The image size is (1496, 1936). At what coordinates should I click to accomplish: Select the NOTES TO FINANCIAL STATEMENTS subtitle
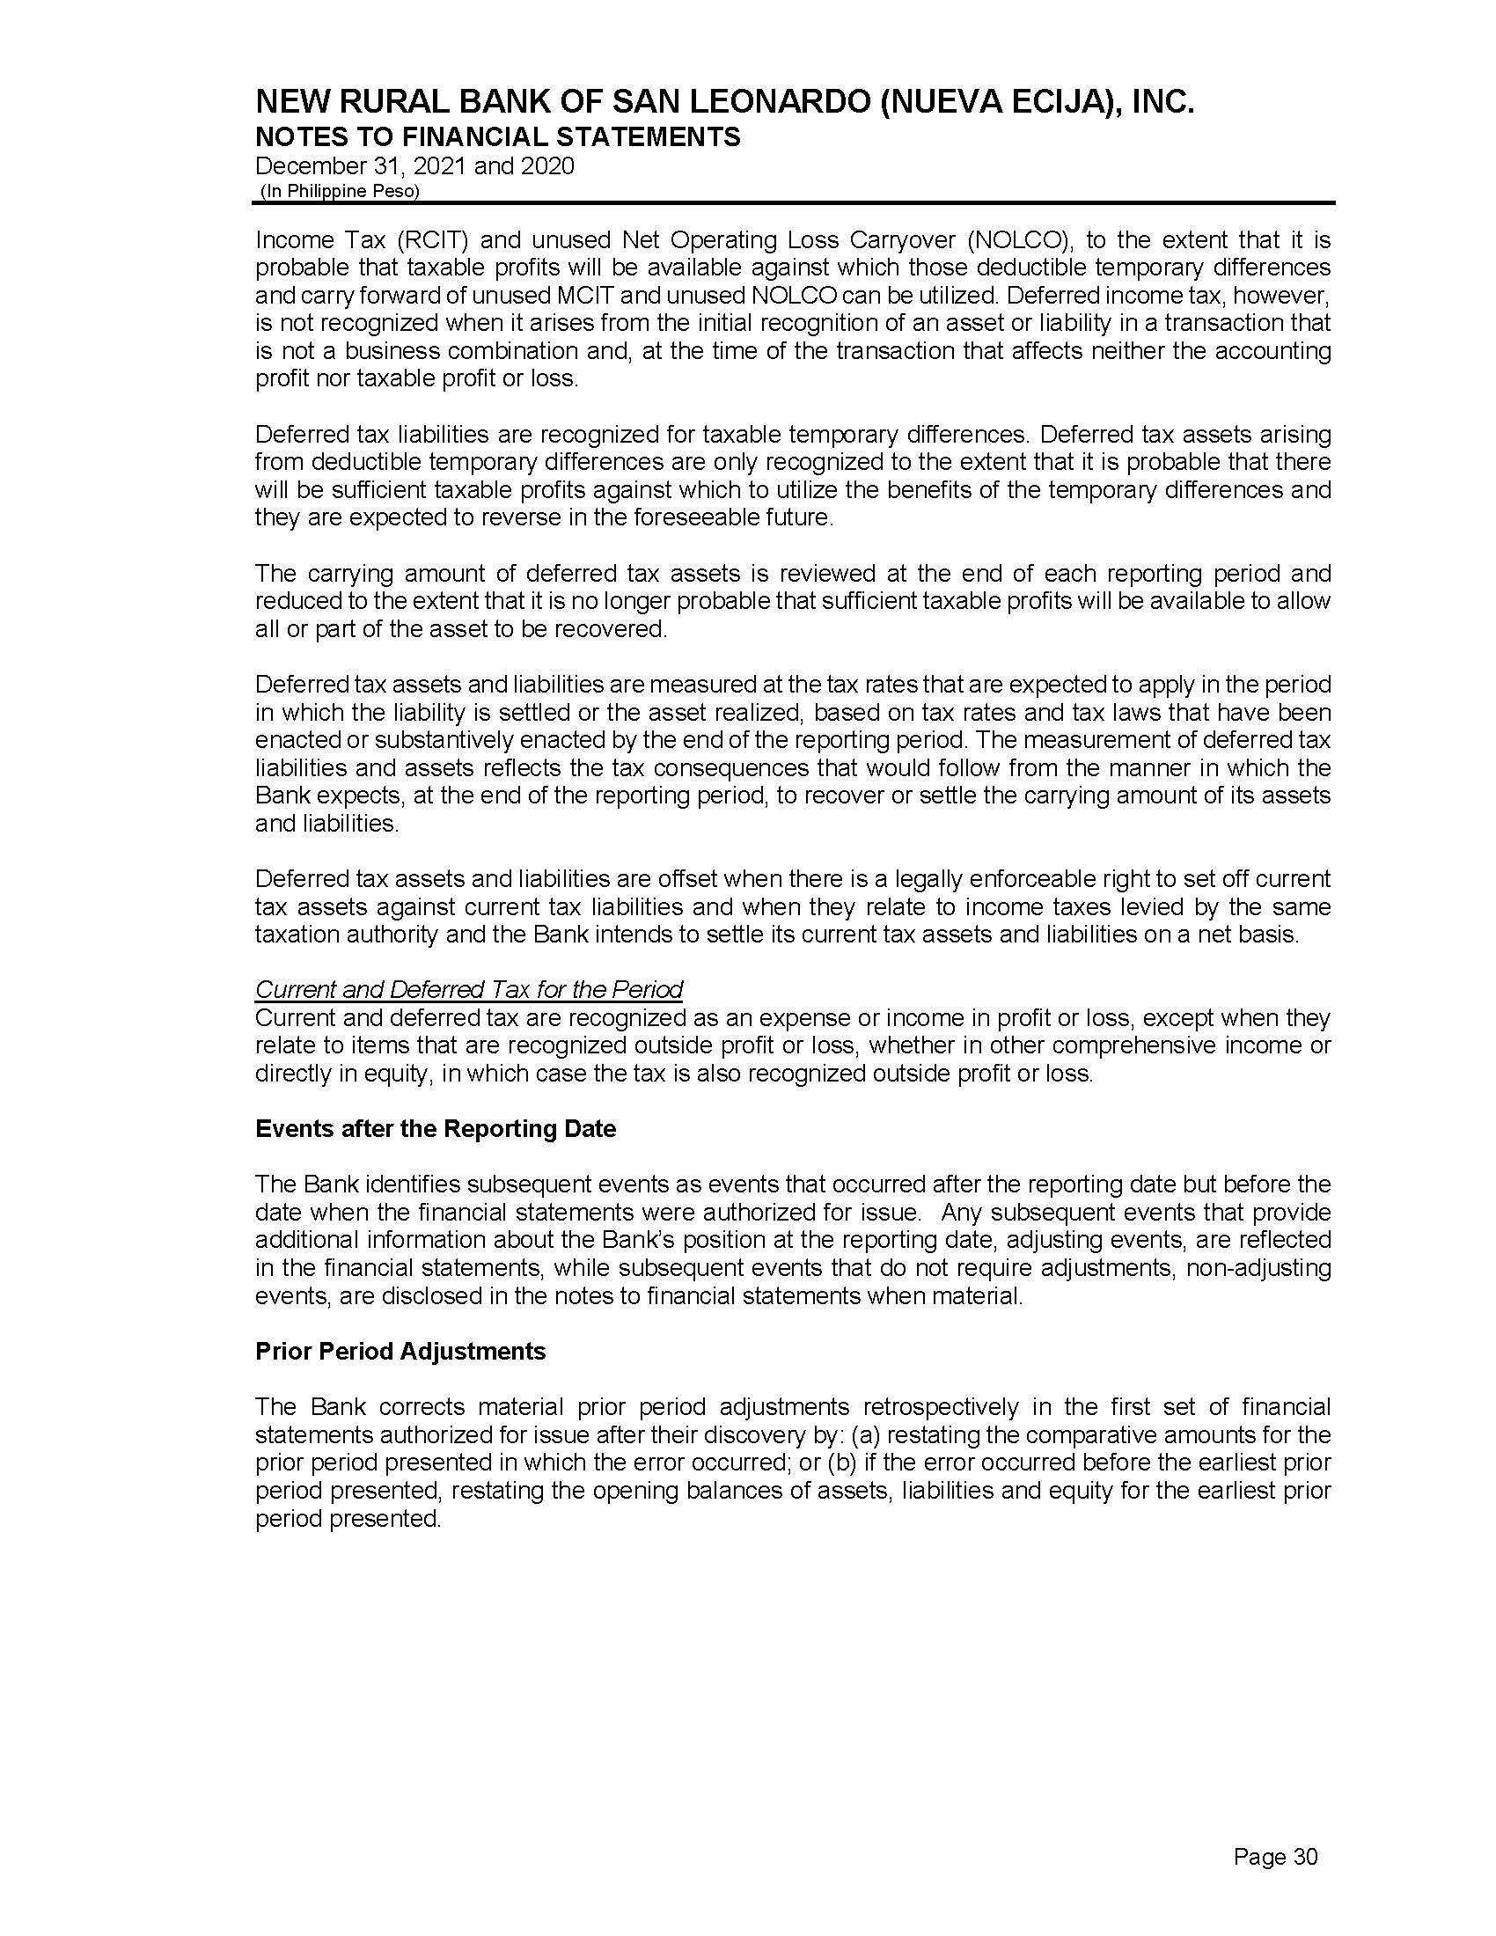[497, 137]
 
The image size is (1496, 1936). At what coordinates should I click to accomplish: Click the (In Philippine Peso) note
[340, 192]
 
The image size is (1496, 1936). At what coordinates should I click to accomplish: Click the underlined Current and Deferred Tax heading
[469, 989]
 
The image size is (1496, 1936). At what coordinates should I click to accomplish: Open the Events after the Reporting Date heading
[435, 1129]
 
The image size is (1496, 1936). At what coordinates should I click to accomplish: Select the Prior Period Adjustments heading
[400, 1352]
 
